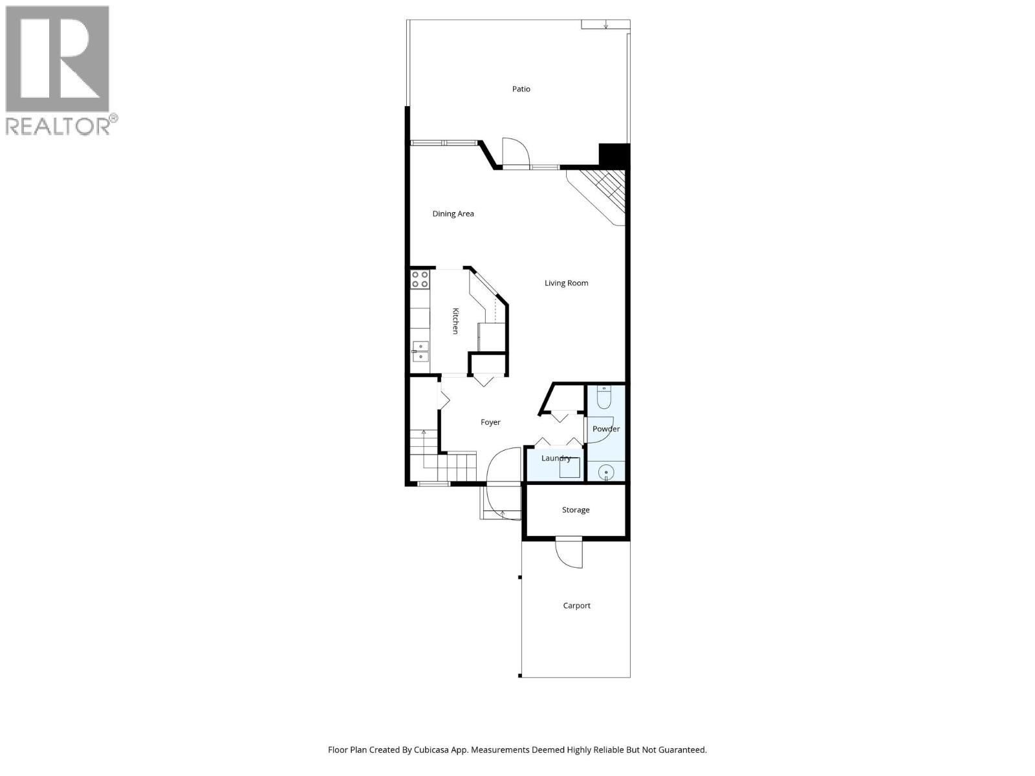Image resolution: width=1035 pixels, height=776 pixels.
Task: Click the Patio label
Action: click(x=521, y=89)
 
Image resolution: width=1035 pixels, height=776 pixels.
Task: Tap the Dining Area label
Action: click(x=453, y=214)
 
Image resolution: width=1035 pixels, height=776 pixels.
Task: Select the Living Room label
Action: click(x=566, y=283)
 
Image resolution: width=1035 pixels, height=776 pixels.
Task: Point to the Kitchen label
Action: click(x=455, y=321)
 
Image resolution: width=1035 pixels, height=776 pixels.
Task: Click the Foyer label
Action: click(x=490, y=422)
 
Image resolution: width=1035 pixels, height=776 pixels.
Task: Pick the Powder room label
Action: click(x=606, y=429)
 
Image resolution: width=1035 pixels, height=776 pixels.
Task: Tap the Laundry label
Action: click(x=556, y=458)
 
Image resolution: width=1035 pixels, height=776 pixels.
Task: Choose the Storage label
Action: click(x=575, y=510)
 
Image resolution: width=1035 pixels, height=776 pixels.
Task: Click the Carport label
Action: click(x=576, y=606)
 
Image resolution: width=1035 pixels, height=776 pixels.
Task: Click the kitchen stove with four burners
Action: click(x=420, y=279)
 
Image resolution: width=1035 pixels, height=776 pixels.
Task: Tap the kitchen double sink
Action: click(x=420, y=351)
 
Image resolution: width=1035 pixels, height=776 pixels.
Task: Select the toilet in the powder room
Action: click(x=604, y=397)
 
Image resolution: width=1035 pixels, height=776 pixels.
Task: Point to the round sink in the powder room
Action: click(x=605, y=473)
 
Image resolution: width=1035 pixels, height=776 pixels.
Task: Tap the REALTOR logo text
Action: click(x=61, y=125)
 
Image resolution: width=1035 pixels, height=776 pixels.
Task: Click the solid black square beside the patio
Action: click(x=614, y=155)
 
